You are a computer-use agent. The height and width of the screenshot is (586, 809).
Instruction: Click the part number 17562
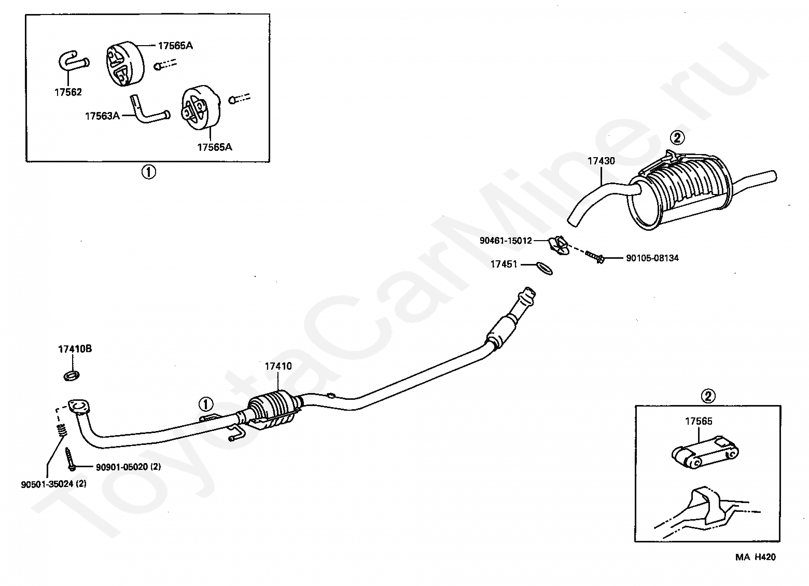[x=68, y=92]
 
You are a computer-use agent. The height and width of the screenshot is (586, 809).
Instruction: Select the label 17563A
[x=102, y=116]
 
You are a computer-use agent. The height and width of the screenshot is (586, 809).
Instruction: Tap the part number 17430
[x=601, y=161]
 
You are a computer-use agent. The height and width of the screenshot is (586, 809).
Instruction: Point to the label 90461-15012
[x=506, y=241]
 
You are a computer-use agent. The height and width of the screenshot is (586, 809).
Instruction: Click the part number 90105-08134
[x=652, y=258]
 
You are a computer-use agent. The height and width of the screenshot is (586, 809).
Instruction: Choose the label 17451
[x=504, y=264]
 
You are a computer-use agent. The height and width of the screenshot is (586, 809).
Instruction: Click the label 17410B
[x=75, y=349]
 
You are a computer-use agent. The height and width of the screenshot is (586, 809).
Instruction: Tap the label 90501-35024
[x=47, y=485]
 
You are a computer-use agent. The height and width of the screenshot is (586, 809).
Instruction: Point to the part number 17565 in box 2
[x=699, y=421]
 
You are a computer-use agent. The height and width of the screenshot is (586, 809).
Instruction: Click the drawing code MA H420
[x=755, y=557]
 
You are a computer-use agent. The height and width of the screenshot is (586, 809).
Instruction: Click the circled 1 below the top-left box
[x=148, y=172]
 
